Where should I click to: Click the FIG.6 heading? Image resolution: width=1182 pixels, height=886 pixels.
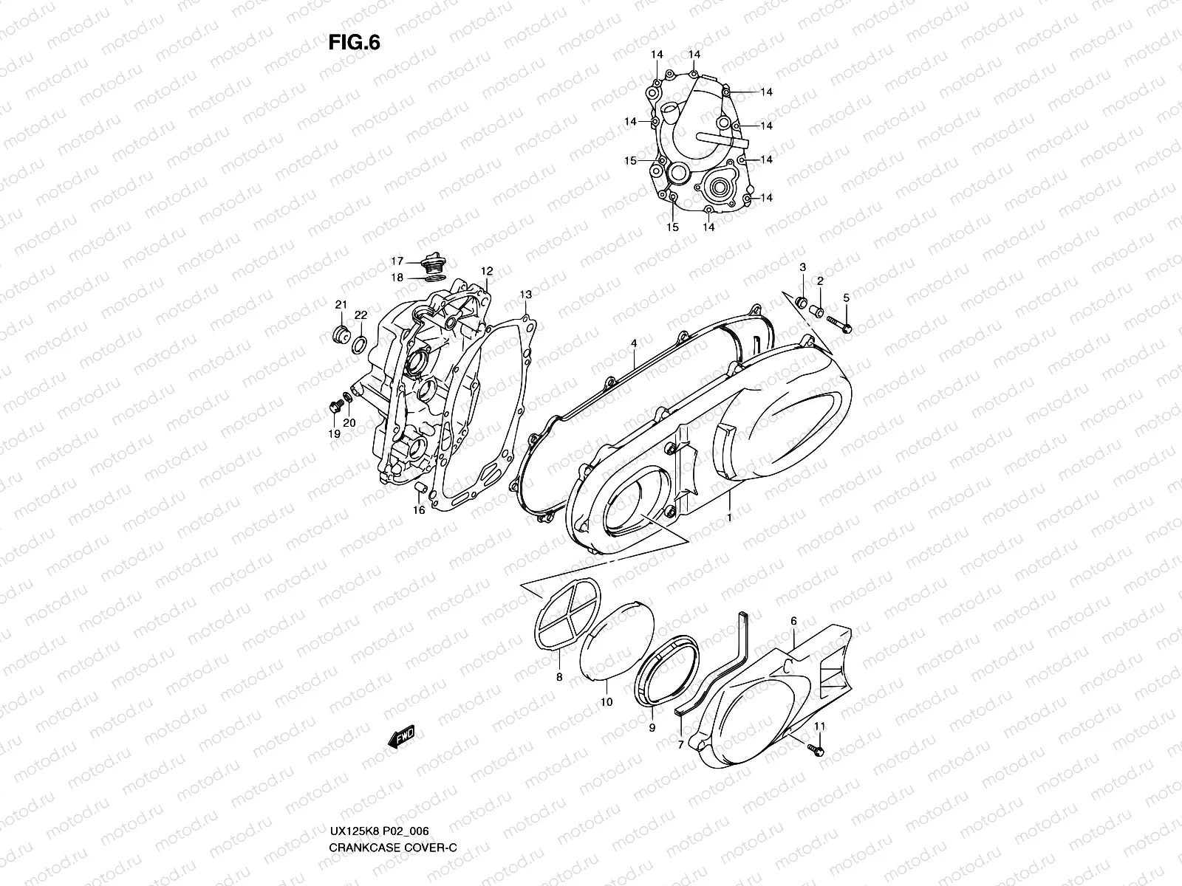tap(354, 43)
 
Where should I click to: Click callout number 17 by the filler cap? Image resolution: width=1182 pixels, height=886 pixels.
tap(397, 261)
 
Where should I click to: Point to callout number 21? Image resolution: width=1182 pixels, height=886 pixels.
tap(341, 305)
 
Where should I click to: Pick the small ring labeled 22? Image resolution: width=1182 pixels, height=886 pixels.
tap(360, 343)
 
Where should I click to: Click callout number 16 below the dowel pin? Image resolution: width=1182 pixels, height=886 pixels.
tap(418, 510)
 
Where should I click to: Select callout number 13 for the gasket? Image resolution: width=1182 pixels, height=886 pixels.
tap(525, 295)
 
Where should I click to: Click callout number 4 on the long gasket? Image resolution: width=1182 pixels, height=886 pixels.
tap(633, 343)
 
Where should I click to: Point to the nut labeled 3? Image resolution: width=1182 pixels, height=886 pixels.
tap(801, 301)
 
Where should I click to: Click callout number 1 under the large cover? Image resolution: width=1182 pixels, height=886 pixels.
tap(729, 518)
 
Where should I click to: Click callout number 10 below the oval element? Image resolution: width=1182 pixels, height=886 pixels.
tap(606, 702)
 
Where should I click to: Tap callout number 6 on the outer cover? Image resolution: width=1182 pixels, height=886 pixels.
tap(793, 622)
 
